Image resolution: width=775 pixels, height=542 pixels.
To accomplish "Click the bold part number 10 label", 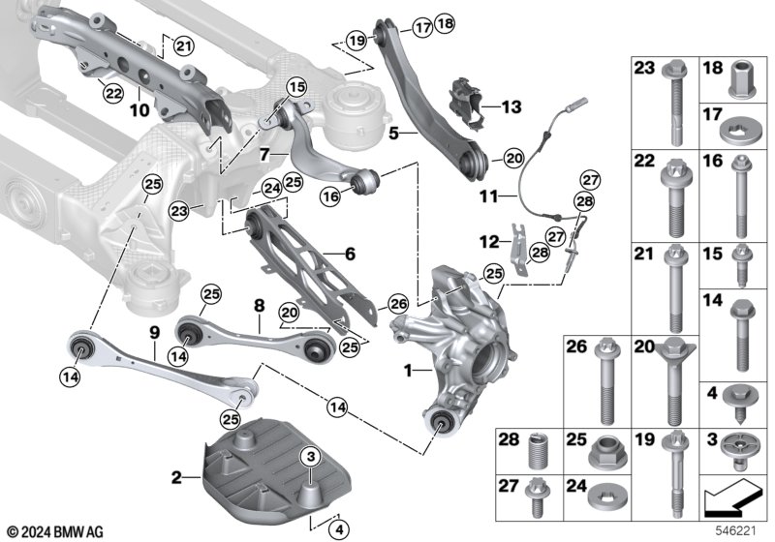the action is tap(139, 109).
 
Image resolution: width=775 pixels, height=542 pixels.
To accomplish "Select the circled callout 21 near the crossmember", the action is tap(183, 46).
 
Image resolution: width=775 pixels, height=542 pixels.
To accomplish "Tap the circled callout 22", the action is tap(113, 93).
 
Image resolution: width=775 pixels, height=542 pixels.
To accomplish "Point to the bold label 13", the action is tap(511, 106).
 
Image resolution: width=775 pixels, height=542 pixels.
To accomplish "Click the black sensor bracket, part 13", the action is tap(467, 105).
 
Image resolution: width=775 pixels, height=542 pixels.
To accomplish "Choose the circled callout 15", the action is tap(296, 88).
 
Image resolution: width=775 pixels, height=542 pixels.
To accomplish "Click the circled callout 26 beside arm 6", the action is tap(398, 304).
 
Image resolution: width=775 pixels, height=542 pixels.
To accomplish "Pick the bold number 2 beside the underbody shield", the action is tap(176, 477).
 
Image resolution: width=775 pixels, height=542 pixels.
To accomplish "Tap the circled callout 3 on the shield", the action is tap(310, 457).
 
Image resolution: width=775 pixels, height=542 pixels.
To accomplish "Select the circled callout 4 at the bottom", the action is tap(338, 530).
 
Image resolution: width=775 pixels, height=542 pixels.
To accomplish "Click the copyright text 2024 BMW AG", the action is tap(56, 532).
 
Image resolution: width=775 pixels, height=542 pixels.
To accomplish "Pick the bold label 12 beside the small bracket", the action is tap(489, 242).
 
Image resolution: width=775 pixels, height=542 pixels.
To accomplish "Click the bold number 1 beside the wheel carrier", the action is tap(408, 371).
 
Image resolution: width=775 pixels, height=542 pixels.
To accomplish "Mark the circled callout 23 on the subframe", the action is tap(179, 211).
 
